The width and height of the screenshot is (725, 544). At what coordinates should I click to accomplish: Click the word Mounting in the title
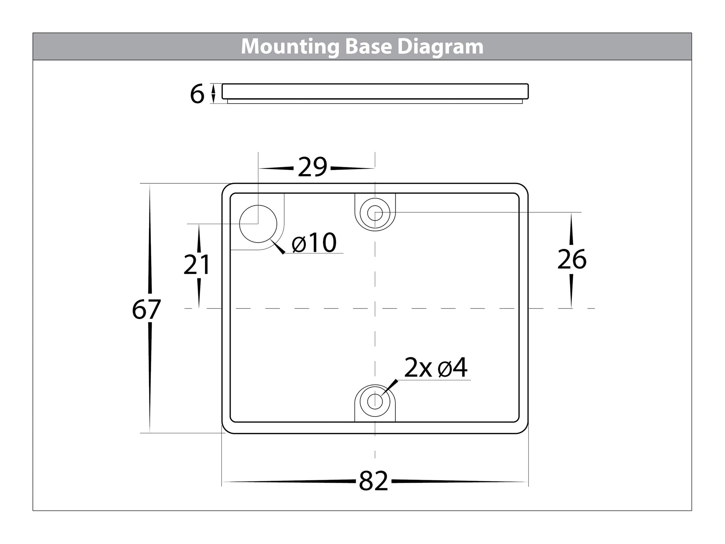point(290,47)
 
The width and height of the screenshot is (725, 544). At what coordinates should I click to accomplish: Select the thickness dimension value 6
point(197,94)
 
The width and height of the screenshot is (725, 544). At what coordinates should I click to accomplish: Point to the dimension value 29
point(313,167)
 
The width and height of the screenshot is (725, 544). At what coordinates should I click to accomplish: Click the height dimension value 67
point(146,310)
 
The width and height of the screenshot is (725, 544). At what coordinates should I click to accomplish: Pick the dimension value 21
point(197,265)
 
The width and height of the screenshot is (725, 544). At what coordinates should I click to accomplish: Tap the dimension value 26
point(572,260)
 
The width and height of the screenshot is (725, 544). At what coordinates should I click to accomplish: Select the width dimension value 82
point(373,481)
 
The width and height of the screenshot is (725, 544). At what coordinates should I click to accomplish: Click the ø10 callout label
point(314,243)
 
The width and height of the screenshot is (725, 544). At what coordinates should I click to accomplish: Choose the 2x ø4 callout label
point(436,368)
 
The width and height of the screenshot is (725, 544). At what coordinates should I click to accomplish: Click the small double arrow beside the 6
point(213,93)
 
